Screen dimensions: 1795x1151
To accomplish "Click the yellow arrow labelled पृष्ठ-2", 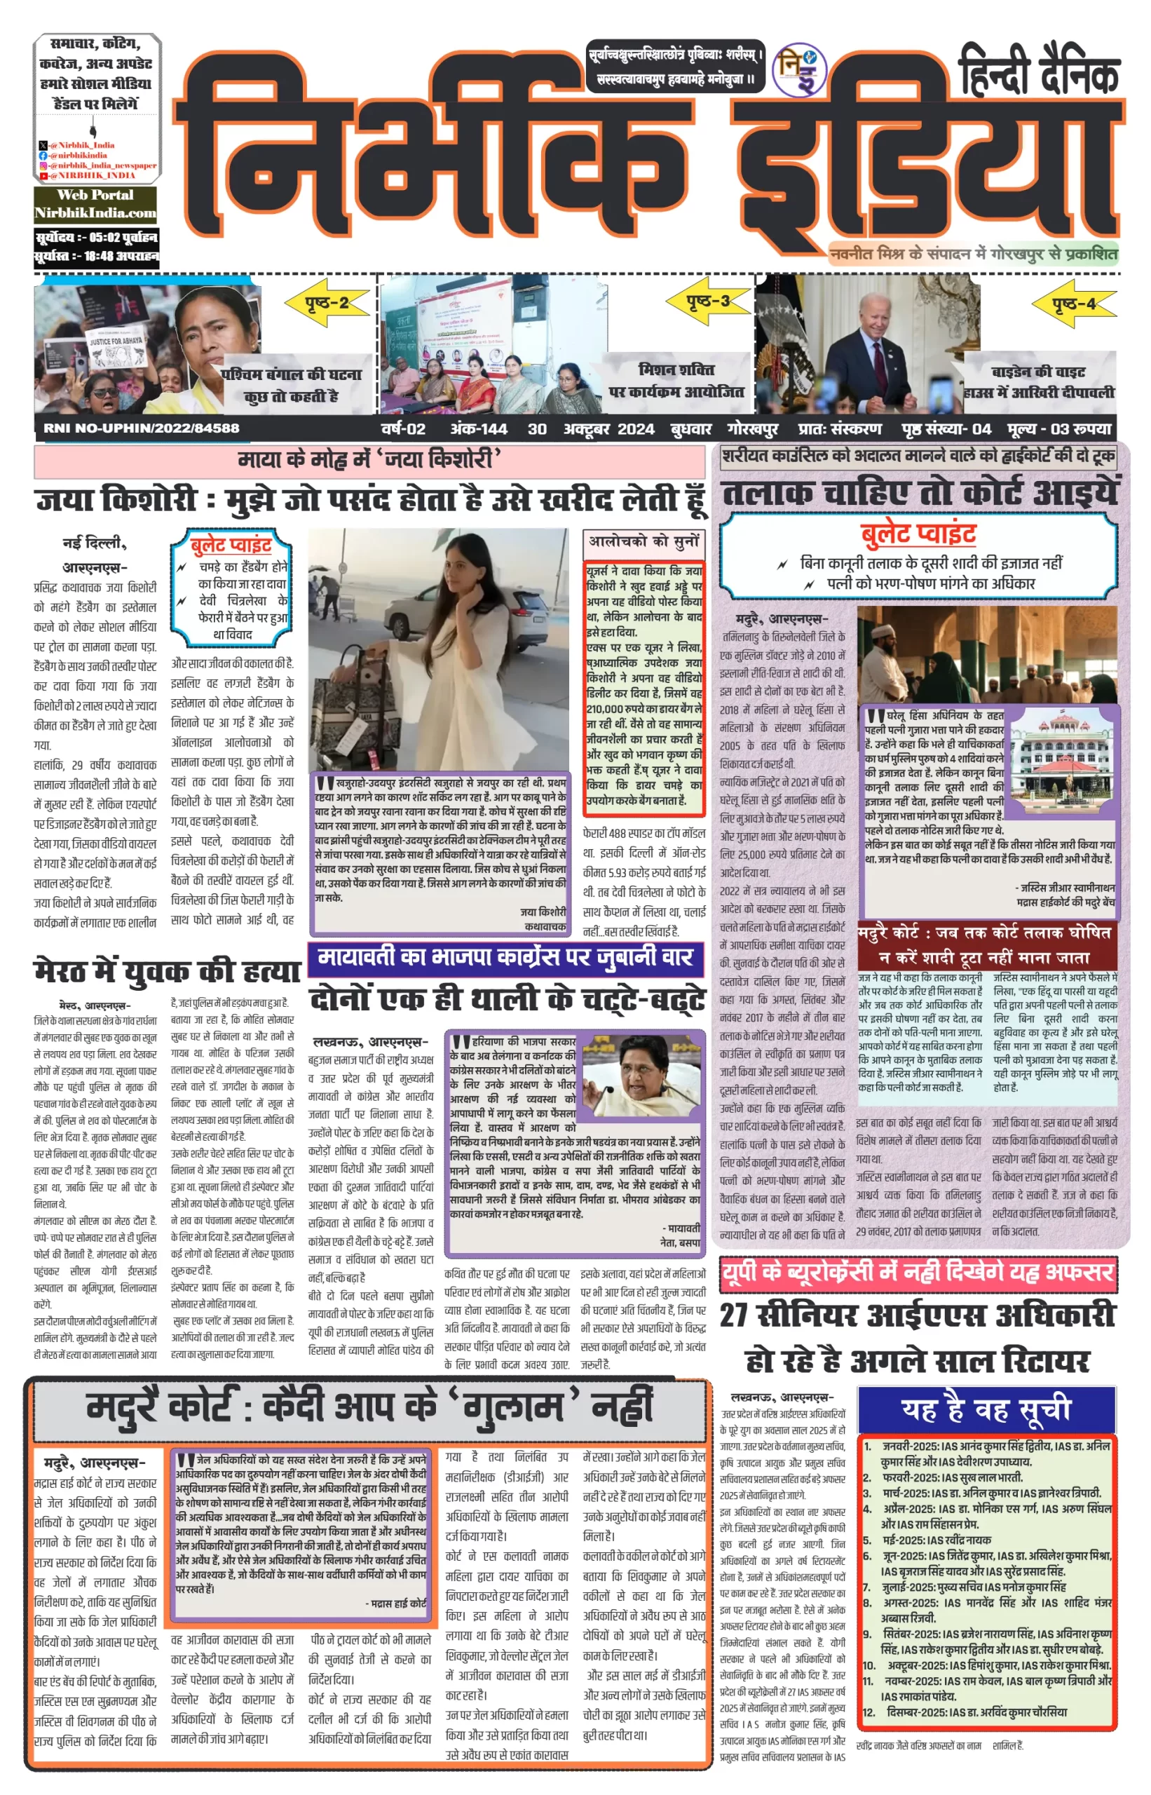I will click(327, 303).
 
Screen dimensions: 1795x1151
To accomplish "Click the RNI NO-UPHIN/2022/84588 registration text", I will click(142, 428).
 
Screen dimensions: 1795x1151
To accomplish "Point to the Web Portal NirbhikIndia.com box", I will click(95, 204).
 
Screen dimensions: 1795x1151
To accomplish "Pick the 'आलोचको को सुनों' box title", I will click(643, 541).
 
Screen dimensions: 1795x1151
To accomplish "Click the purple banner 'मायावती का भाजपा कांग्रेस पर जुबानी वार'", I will click(505, 958).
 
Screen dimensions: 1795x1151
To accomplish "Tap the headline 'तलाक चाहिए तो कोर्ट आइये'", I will click(919, 494).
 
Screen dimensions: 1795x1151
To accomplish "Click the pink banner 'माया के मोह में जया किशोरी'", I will click(369, 459).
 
